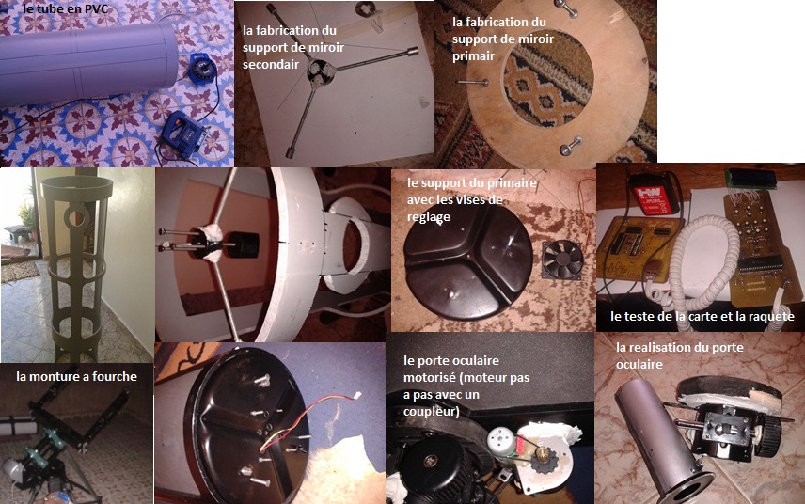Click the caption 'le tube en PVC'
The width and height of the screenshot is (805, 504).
66,8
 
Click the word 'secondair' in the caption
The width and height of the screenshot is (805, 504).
271,64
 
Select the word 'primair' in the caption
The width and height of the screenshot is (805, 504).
473,55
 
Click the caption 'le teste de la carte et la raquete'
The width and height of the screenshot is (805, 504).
702,316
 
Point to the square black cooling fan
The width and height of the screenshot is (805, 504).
562,260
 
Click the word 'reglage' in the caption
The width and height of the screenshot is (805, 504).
428,217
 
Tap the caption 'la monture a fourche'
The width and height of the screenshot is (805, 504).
76,376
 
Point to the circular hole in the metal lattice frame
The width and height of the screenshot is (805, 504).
76,218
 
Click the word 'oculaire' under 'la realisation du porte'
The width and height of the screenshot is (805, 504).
639,365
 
